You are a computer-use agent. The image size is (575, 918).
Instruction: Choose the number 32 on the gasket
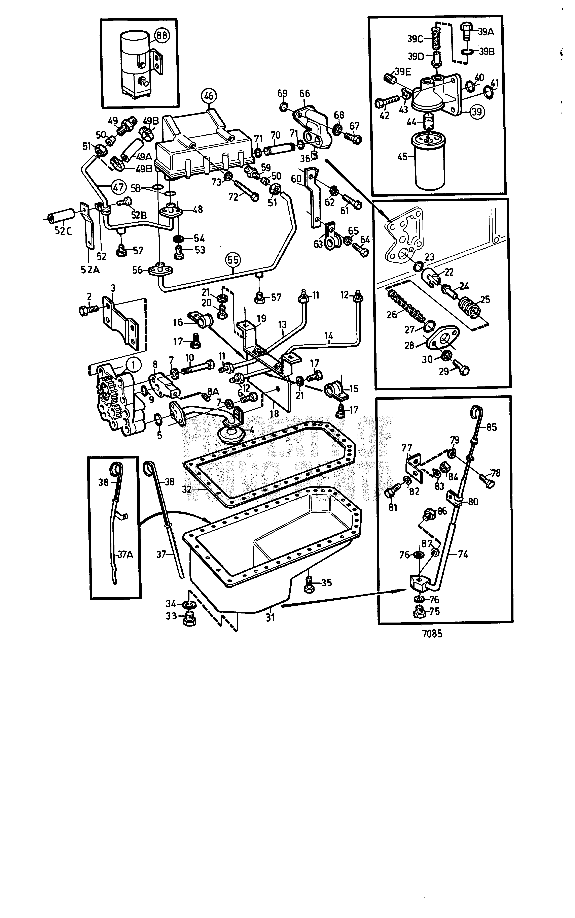187,490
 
